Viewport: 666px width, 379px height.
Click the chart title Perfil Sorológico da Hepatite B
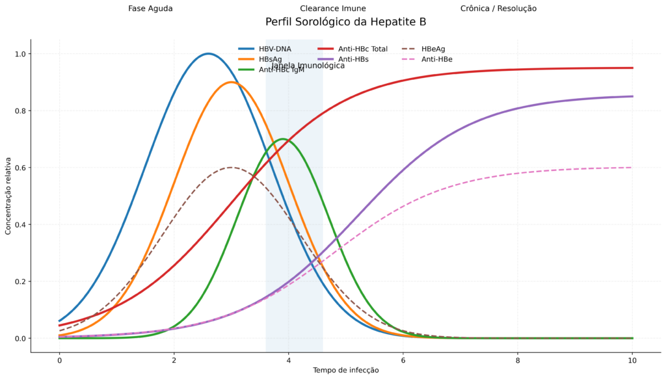pyautogui.click(x=345, y=22)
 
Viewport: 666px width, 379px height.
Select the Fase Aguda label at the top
pyautogui.click(x=150, y=8)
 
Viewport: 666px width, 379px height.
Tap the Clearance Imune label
pyautogui.click(x=332, y=8)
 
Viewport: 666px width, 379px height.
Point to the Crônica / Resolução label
pyautogui.click(x=498, y=8)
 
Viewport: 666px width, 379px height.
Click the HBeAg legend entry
pyautogui.click(x=433, y=49)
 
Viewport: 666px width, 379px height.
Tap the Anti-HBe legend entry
pyautogui.click(x=436, y=59)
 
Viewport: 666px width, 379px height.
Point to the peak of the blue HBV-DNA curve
pyautogui.click(x=208, y=53)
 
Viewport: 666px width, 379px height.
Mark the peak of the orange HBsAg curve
pyautogui.click(x=231, y=82)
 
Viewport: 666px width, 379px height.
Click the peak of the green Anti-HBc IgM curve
pyautogui.click(x=282, y=139)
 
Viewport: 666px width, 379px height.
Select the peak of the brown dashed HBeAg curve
pyautogui.click(x=231, y=167)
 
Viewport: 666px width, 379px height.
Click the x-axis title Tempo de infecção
pyautogui.click(x=345, y=370)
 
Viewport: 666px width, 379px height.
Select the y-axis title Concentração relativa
pyautogui.click(x=8, y=196)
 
